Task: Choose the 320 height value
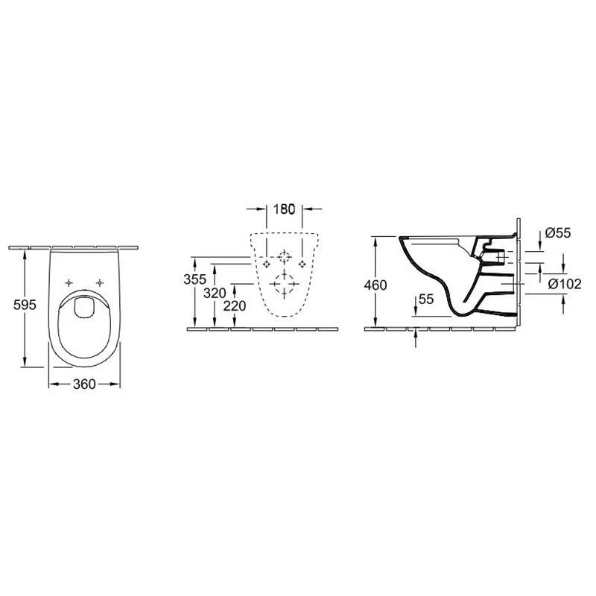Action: [x=214, y=294]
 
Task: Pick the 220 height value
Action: [x=235, y=305]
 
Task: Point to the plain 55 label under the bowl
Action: [x=425, y=299]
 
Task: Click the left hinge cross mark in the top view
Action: [x=69, y=282]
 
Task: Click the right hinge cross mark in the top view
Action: [x=99, y=282]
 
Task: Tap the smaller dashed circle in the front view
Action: [x=284, y=258]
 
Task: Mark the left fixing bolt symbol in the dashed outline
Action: [x=267, y=264]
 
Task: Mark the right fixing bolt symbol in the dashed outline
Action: [x=302, y=264]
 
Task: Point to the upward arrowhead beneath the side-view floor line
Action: [x=416, y=335]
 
